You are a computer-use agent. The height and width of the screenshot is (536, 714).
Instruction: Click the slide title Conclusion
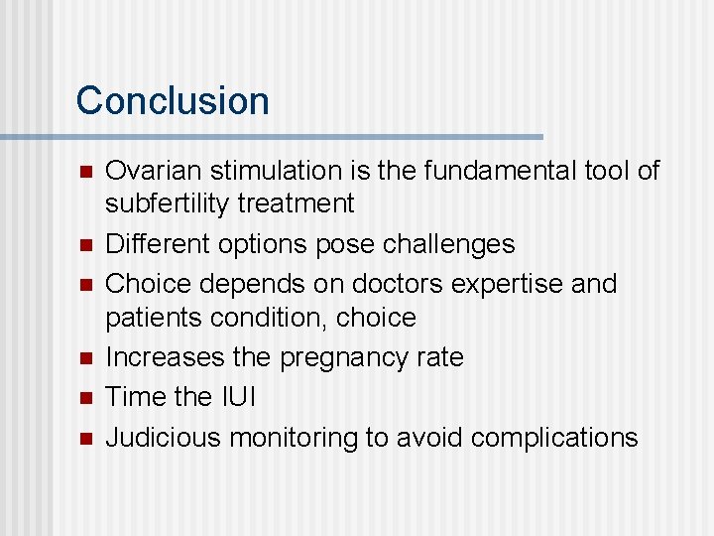(x=173, y=101)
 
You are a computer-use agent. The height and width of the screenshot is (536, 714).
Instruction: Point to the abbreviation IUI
(x=238, y=397)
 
